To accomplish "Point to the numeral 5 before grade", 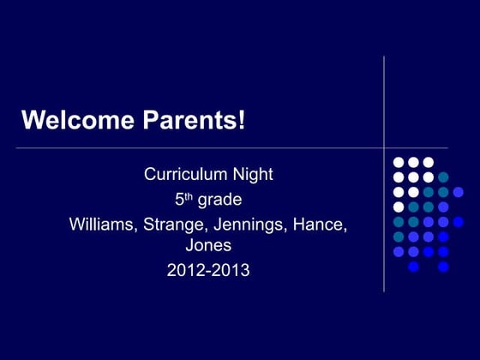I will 179,201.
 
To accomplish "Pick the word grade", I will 219,201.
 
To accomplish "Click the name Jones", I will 208,246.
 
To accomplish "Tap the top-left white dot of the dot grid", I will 399,162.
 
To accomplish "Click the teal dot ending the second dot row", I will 443,177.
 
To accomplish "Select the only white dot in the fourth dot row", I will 399,207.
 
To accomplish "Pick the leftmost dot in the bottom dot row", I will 413,267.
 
